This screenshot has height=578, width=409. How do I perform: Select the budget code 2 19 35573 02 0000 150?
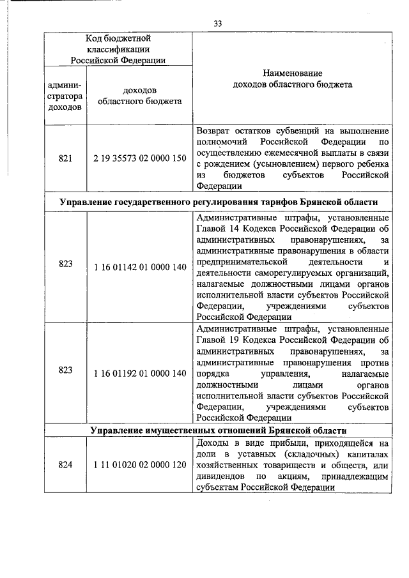(x=139, y=158)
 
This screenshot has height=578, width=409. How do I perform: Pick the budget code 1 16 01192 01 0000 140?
(x=139, y=373)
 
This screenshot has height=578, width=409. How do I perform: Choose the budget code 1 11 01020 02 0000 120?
(x=139, y=465)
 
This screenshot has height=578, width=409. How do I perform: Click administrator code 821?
(x=65, y=158)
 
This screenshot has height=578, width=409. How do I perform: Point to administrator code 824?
(x=65, y=465)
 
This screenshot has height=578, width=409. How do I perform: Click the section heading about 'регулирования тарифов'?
(x=218, y=202)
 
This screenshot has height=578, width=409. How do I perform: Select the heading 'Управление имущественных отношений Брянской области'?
(x=218, y=431)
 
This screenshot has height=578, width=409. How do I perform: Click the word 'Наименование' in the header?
(x=291, y=74)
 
